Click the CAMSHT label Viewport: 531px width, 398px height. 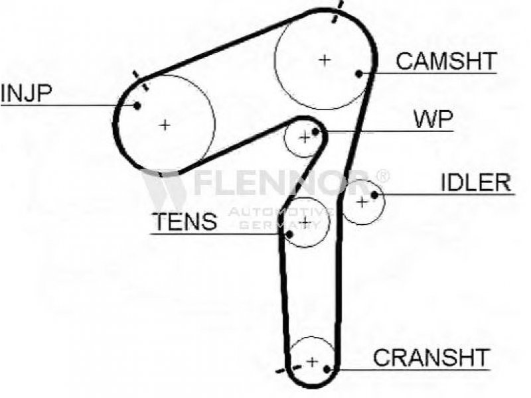coord(445,61)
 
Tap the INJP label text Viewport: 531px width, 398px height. coord(26,94)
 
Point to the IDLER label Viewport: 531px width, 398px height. coord(477,183)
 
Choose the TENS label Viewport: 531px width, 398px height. coord(184,222)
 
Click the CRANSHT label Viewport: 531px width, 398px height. coord(431,358)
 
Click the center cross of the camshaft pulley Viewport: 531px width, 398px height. coord(324,60)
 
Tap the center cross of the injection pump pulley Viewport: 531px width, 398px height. coord(165,124)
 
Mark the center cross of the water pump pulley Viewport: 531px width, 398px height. coord(305,137)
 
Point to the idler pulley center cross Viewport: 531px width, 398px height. coord(362,201)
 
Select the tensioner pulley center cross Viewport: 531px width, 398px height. coord(305,222)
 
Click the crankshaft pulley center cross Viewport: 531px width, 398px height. coord(311,362)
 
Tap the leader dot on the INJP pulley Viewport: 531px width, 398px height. coord(137,105)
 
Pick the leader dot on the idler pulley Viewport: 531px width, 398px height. coord(375,194)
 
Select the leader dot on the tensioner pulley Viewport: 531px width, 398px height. coord(290,233)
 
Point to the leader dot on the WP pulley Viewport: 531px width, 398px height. coord(316,132)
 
